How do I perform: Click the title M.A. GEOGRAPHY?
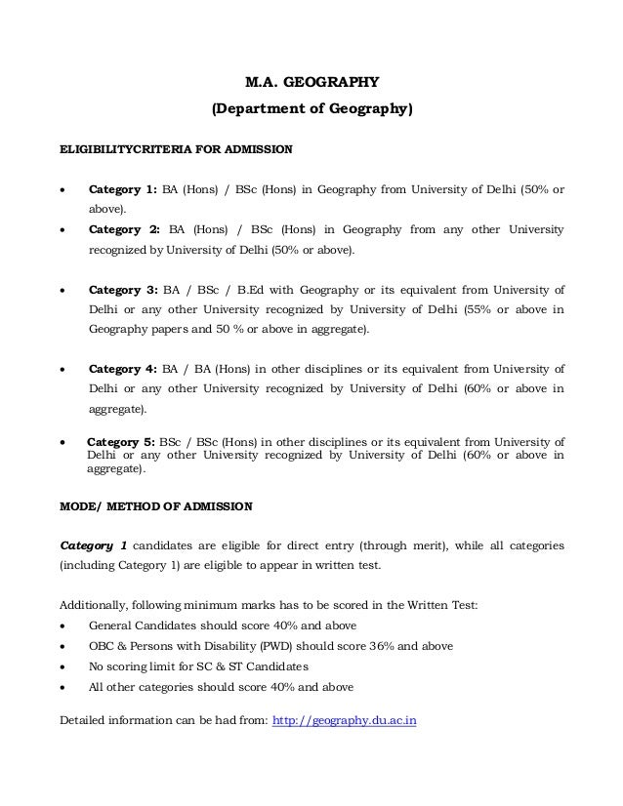tap(312, 83)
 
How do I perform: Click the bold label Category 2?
tap(123, 230)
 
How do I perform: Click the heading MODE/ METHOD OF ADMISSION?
tap(156, 507)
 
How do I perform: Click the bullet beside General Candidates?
tap(64, 625)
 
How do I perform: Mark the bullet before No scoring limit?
tap(64, 666)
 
